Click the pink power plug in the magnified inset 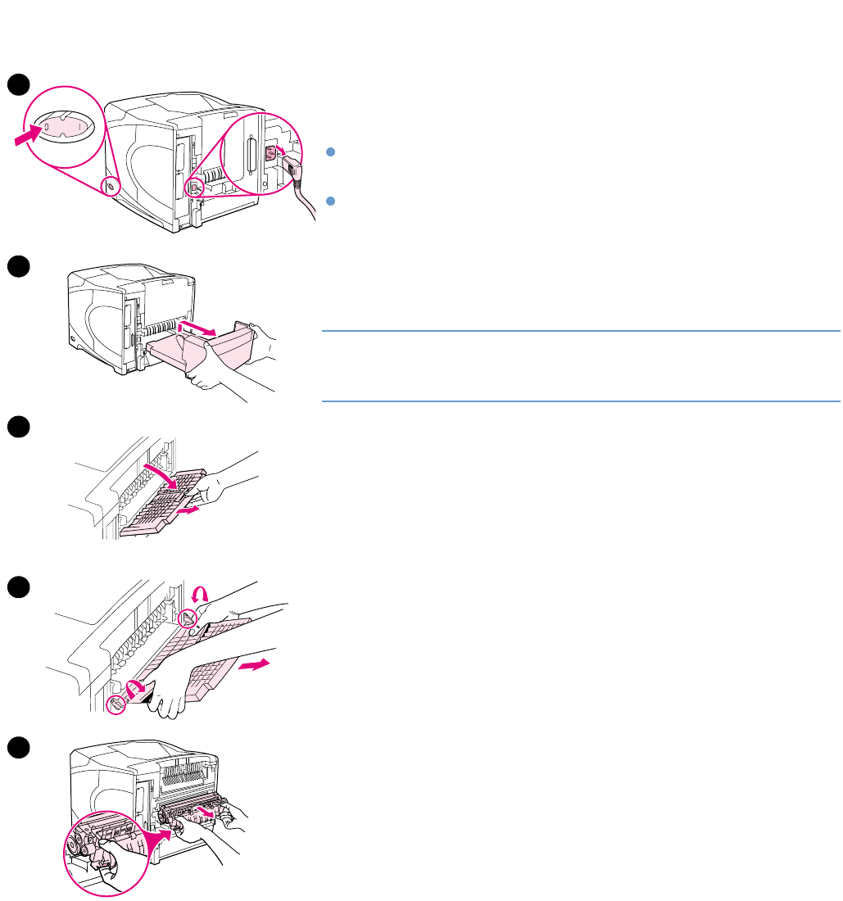[x=270, y=152]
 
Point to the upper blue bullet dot [x=329, y=152]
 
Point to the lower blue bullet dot [x=329, y=200]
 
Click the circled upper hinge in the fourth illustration [x=188, y=620]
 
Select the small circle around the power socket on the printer [x=193, y=187]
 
